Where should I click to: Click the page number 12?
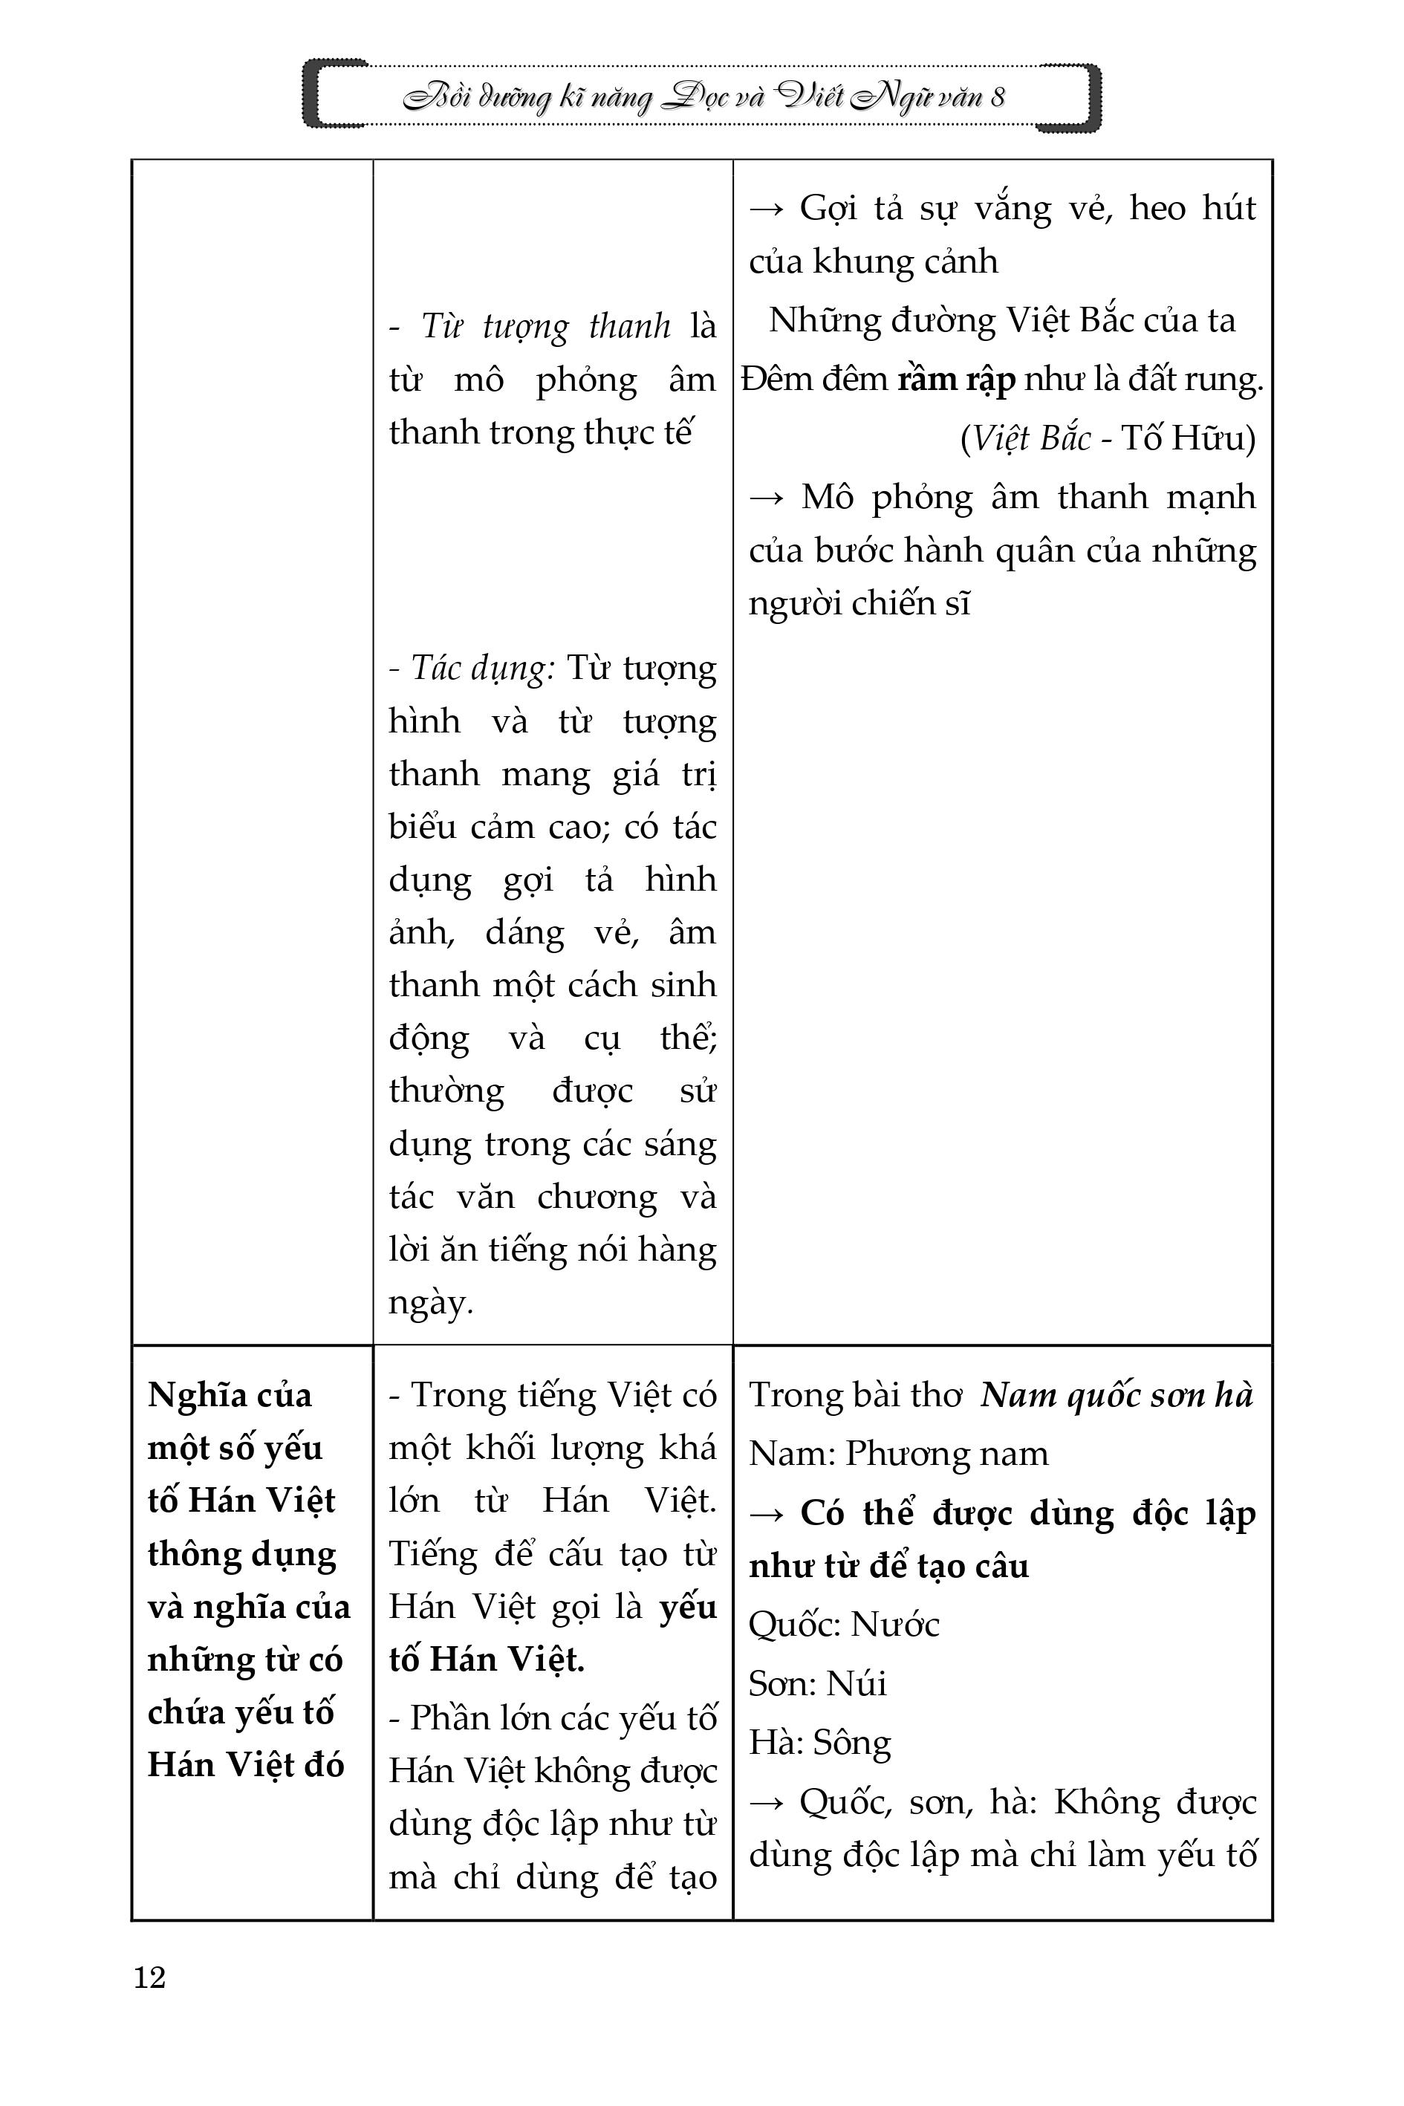149,1976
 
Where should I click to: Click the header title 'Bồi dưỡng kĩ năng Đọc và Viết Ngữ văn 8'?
703,97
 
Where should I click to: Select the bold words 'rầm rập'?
956,380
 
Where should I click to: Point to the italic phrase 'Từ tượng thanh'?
545,327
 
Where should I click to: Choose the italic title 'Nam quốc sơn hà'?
1117,1395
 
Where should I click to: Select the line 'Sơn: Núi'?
816,1683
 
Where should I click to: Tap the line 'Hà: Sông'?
819,1743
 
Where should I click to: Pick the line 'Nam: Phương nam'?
898,1453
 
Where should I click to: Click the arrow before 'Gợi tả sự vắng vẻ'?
767,209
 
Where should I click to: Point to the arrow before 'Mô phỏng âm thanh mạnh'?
767,498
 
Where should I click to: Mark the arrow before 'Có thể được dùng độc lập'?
767,1513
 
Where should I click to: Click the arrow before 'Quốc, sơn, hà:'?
767,1801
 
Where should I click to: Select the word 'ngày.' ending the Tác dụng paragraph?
431,1303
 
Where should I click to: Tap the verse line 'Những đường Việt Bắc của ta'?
1002,321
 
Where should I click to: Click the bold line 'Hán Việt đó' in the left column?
245,1765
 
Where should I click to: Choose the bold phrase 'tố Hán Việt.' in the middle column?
487,1660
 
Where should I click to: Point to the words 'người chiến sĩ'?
859,603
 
